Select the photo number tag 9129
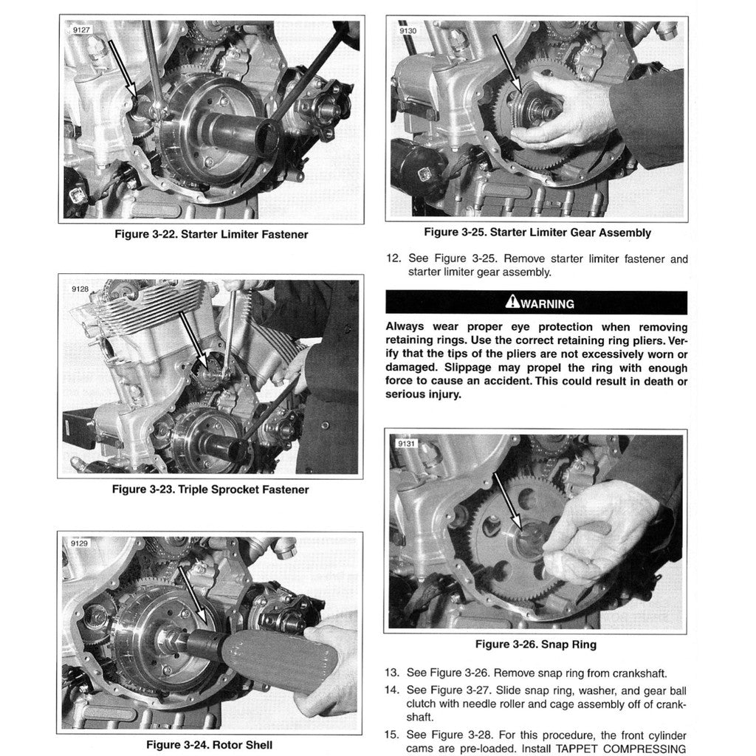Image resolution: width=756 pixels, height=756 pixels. [79, 543]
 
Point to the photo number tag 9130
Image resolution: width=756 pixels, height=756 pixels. [408, 31]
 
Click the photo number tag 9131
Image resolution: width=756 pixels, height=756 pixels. [407, 444]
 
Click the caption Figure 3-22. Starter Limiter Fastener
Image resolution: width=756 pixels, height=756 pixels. [211, 235]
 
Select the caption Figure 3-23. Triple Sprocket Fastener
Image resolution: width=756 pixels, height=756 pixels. [210, 489]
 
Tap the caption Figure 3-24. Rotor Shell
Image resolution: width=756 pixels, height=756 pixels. [209, 745]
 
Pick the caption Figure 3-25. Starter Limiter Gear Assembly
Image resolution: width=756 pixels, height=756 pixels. [537, 233]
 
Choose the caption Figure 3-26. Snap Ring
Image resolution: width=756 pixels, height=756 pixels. [535, 645]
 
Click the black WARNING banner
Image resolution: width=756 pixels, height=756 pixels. [536, 303]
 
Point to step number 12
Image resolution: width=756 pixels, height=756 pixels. [393, 259]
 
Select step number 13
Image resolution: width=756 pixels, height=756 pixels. [393, 673]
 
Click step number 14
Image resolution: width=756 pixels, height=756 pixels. [393, 690]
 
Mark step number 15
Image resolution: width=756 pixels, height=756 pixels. [393, 735]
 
